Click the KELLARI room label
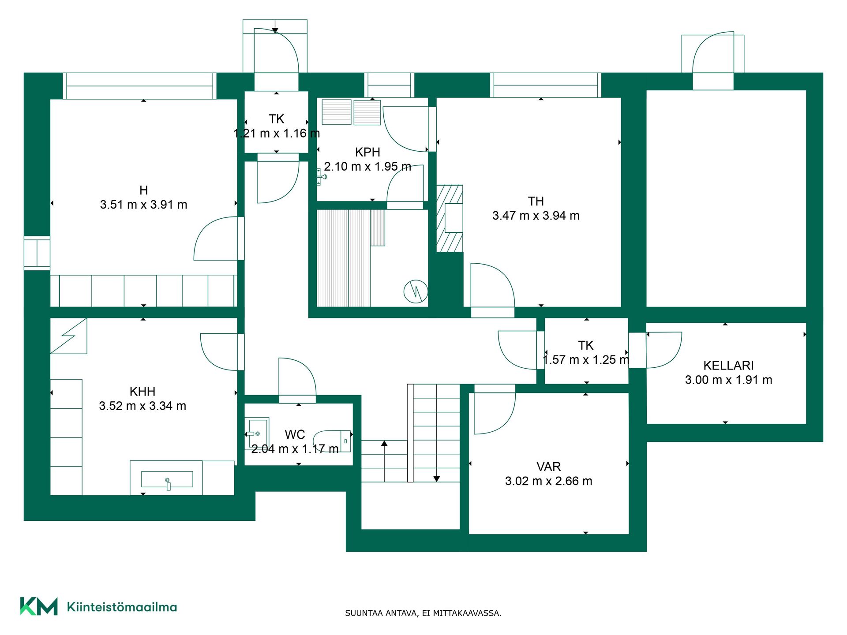728,366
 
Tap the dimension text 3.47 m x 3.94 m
536,216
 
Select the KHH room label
142,392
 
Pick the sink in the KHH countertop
167,480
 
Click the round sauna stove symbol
416,291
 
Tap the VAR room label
549,467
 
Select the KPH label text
367,153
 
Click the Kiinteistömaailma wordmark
122,607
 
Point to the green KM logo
39,606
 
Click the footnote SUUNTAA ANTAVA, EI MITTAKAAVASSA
423,613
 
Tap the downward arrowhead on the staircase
436,479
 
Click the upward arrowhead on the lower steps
384,443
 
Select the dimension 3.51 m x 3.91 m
143,205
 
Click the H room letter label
143,190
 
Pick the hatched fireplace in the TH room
450,218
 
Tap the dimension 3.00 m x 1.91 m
728,380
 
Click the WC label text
295,435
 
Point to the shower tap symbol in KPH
321,177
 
